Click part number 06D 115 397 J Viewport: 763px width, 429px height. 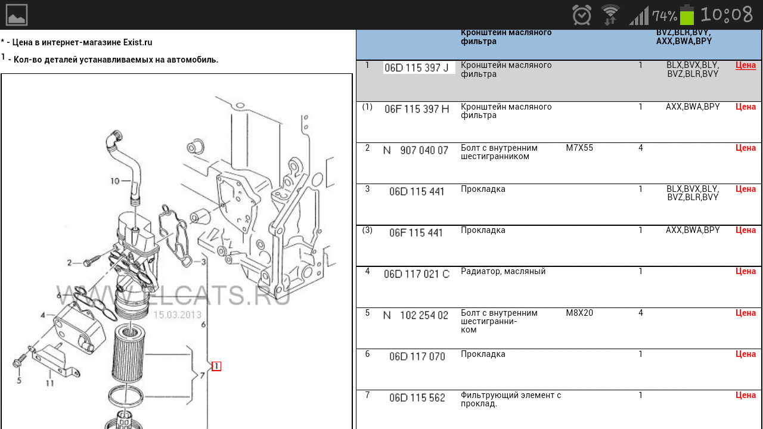417,68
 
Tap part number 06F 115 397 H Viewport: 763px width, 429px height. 417,109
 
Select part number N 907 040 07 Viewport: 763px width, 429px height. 415,151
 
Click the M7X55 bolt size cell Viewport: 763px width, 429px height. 579,148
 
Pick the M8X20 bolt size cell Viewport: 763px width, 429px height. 579,313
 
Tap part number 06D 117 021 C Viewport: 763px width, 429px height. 417,274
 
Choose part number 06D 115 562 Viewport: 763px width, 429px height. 417,397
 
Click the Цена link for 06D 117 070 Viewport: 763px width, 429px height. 746,354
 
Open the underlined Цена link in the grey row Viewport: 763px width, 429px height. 746,65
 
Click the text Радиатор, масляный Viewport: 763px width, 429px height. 503,271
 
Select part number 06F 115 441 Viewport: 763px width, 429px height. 417,233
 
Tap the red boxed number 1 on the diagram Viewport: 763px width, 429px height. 216,366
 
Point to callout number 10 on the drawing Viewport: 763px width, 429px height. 115,181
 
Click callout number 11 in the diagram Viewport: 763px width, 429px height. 49,383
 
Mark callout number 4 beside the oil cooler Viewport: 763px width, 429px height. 43,315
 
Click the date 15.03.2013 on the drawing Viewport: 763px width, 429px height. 177,315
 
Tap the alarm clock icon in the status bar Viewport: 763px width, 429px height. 582,15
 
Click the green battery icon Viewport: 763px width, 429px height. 687,15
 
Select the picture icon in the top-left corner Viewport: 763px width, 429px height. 17,15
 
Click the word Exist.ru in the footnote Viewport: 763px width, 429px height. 138,42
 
